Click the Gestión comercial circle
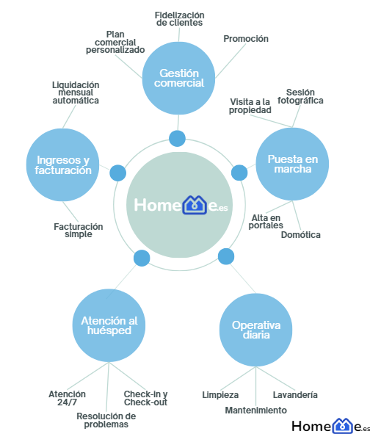[x=178, y=79]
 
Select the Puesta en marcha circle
[x=292, y=164]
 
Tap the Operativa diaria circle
[x=255, y=330]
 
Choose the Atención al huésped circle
[x=109, y=325]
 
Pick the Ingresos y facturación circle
[x=63, y=165]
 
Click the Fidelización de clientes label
[x=179, y=19]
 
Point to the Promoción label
[x=246, y=39]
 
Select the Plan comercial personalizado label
[x=115, y=42]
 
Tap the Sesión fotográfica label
[x=300, y=96]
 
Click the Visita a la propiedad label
[x=250, y=106]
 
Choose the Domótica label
[x=300, y=235]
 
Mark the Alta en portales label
[x=266, y=222]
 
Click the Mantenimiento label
[x=255, y=410]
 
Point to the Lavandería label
[x=295, y=394]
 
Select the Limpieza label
[x=220, y=394]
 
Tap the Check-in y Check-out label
[x=145, y=398]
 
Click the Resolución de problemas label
[x=106, y=420]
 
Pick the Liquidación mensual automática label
[x=76, y=93]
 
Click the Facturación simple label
[x=79, y=231]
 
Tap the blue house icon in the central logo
[x=195, y=205]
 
